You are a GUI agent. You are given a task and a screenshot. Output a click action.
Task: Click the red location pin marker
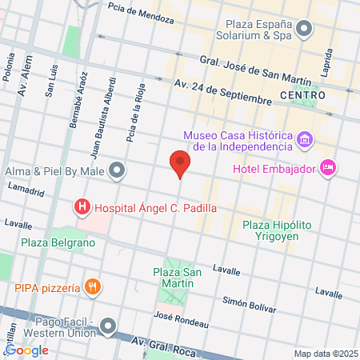[x=180, y=164]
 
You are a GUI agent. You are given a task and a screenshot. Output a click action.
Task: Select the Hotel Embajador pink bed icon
[x=327, y=168]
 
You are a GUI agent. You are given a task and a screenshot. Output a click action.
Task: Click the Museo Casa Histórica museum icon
[x=304, y=141]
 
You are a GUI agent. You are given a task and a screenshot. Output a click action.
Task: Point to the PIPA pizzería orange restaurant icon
[x=94, y=288]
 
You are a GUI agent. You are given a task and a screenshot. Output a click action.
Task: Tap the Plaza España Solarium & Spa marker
[x=304, y=31]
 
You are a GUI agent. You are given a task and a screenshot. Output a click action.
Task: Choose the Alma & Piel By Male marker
[x=118, y=170]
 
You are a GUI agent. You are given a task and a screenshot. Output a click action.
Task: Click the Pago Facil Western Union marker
[x=108, y=326]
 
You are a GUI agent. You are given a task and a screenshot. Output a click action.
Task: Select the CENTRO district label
[x=303, y=95]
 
